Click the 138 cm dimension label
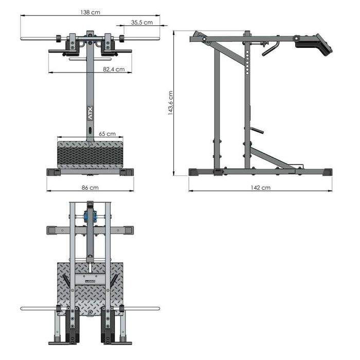tap(90, 12)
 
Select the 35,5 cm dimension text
tap(141, 22)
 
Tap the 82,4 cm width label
tap(114, 69)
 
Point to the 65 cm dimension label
tap(107, 134)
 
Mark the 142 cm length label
tap(260, 188)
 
